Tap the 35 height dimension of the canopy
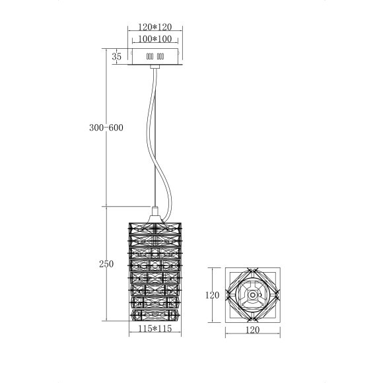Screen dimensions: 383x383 point(117,57)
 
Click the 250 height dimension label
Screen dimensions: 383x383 point(106,264)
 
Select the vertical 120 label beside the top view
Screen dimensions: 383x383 point(211,296)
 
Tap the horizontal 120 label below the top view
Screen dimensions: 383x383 point(252,329)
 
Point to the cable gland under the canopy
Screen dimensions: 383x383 point(155,66)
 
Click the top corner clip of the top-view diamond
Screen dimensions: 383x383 point(252,270)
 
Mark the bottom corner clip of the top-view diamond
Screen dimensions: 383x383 point(252,321)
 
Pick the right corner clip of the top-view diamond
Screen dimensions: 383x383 point(277,295)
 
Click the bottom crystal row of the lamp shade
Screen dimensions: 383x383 point(155,314)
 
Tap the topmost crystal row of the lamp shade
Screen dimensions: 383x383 point(155,226)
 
